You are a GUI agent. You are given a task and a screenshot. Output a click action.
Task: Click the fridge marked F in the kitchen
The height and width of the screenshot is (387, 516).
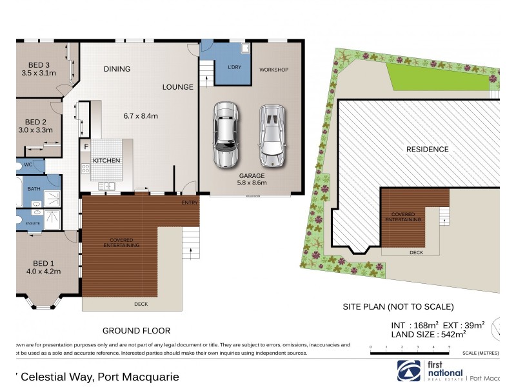pyautogui.click(x=85, y=146)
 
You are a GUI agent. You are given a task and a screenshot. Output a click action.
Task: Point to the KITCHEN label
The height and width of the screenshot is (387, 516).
pyautogui.click(x=106, y=160)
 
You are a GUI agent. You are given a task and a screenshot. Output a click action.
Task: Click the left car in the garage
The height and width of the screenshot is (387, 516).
pyautogui.click(x=226, y=135)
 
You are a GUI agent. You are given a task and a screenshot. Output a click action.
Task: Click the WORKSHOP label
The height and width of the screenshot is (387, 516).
pyautogui.click(x=273, y=69)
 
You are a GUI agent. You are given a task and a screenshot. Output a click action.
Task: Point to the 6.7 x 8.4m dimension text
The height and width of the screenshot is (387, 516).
pyautogui.click(x=141, y=116)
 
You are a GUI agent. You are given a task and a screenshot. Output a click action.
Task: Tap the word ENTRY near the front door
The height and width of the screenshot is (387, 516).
pyautogui.click(x=189, y=203)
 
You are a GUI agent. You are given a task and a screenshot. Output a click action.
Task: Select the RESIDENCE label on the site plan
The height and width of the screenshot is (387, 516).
pyautogui.click(x=427, y=149)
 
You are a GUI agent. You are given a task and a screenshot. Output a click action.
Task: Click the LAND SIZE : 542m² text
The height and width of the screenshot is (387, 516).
pyautogui.click(x=428, y=334)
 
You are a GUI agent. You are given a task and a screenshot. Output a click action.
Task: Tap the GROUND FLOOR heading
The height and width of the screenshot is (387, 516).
pyautogui.click(x=136, y=330)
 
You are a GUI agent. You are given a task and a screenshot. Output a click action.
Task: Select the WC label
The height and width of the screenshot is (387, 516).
pyautogui.click(x=27, y=165)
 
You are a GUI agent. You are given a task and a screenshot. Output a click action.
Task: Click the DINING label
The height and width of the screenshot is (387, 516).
pyautogui.click(x=116, y=69)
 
